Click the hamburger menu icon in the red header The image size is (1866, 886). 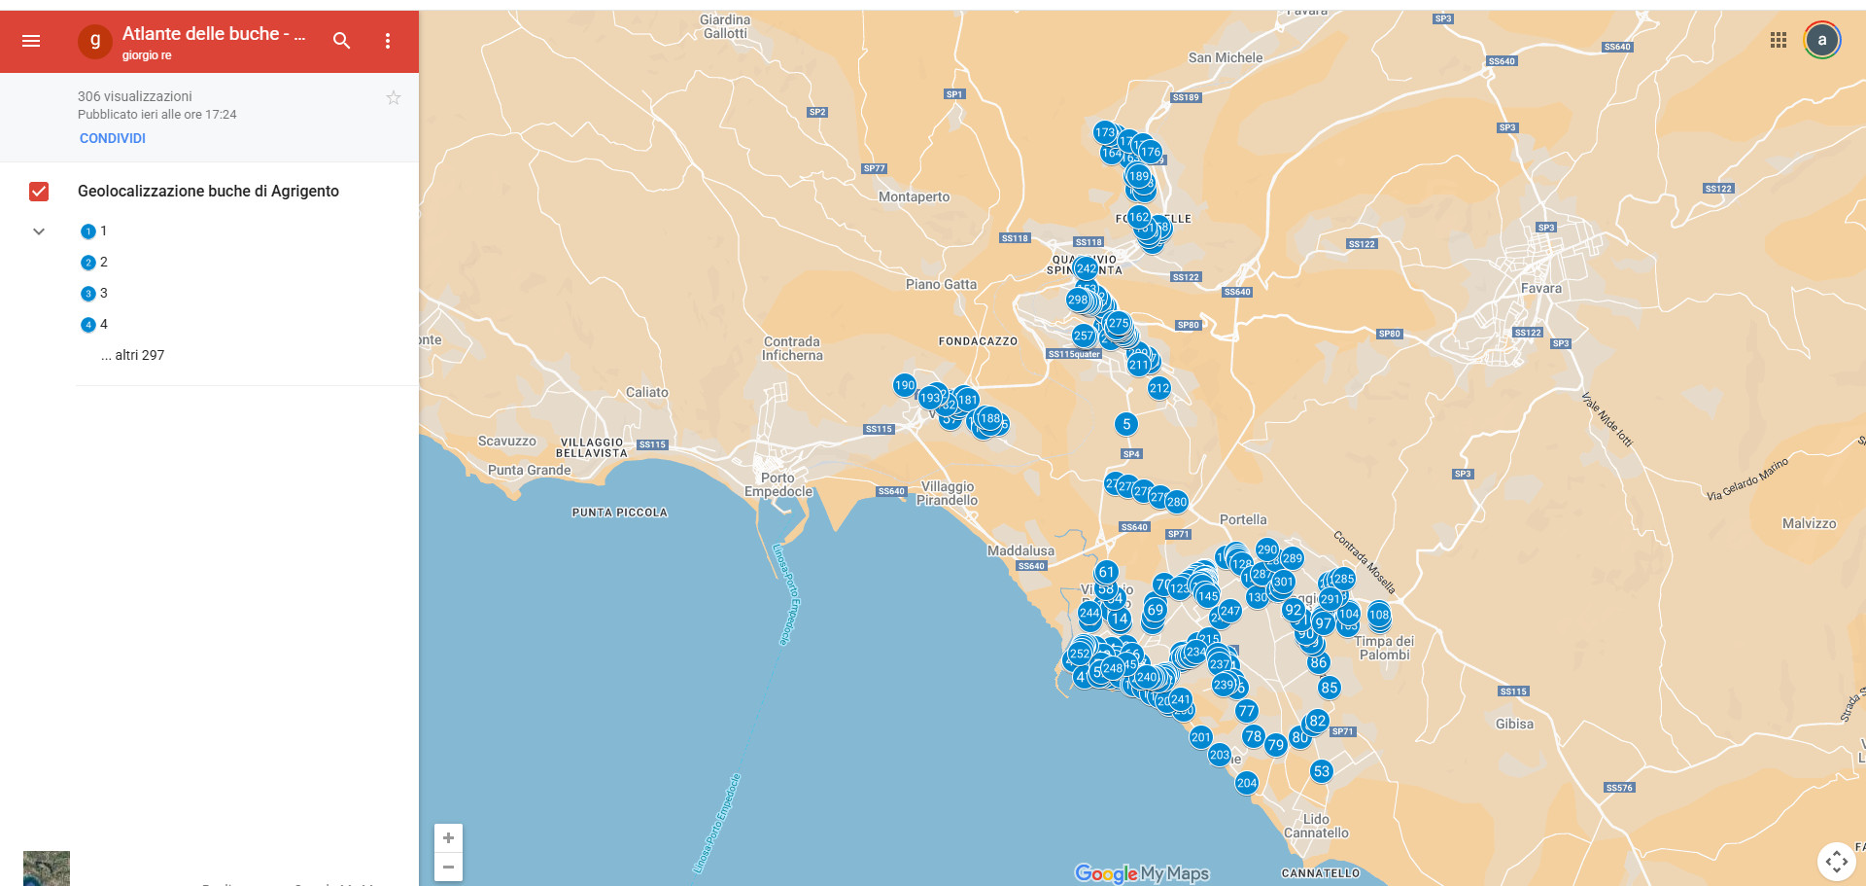pyautogui.click(x=31, y=41)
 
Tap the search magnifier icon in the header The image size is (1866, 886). pyautogui.click(x=341, y=41)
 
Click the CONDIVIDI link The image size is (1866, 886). pyautogui.click(x=113, y=138)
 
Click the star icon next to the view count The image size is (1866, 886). pyautogui.click(x=394, y=97)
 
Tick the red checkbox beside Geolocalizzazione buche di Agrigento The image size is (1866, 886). pyautogui.click(x=39, y=192)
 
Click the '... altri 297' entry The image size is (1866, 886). pyautogui.click(x=133, y=355)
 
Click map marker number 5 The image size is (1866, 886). pyautogui.click(x=1126, y=424)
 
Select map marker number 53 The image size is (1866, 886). pyautogui.click(x=1321, y=771)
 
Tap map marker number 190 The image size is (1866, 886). pyautogui.click(x=904, y=385)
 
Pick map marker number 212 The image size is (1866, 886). pyautogui.click(x=1159, y=388)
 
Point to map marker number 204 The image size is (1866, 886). pyautogui.click(x=1247, y=783)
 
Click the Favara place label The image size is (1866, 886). pyautogui.click(x=1541, y=288)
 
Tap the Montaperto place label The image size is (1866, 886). pyautogui.click(x=914, y=196)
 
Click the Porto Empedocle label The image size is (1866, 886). pyautogui.click(x=778, y=484)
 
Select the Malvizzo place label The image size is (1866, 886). pyautogui.click(x=1809, y=523)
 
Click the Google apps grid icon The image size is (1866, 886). pyautogui.click(x=1779, y=40)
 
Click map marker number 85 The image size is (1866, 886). pyautogui.click(x=1330, y=688)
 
